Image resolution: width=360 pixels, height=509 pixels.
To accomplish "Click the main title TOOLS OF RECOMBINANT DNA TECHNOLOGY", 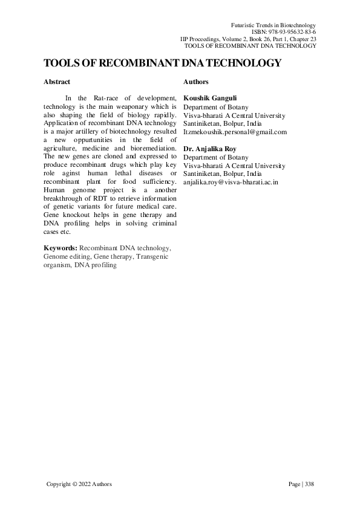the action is (x=162, y=63).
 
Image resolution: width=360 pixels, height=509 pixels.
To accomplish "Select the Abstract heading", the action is (x=57, y=82).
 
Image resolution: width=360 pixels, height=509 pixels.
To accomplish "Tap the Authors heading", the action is (x=195, y=82).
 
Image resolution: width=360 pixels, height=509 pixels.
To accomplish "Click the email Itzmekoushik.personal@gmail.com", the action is (x=235, y=132).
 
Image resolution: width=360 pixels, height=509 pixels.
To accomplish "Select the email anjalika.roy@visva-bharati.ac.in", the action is (x=231, y=182).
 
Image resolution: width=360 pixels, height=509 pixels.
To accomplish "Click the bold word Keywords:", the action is (x=61, y=248).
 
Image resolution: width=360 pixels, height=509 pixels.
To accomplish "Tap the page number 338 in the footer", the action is (x=310, y=484).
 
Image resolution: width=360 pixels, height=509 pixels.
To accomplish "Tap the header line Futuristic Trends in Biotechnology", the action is (x=274, y=24).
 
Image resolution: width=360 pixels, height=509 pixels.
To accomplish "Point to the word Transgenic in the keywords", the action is (x=152, y=257).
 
